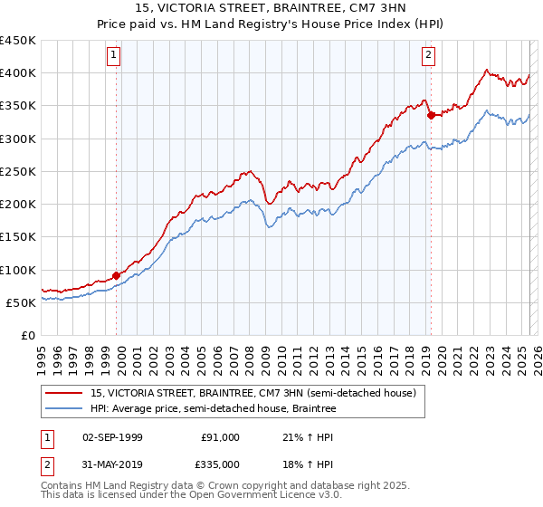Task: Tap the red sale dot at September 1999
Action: pyautogui.click(x=117, y=276)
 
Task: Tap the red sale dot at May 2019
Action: pyautogui.click(x=432, y=115)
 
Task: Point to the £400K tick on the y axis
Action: pyautogui.click(x=18, y=73)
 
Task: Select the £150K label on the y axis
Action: pyautogui.click(x=18, y=237)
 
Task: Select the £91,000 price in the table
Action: pyautogui.click(x=220, y=437)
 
